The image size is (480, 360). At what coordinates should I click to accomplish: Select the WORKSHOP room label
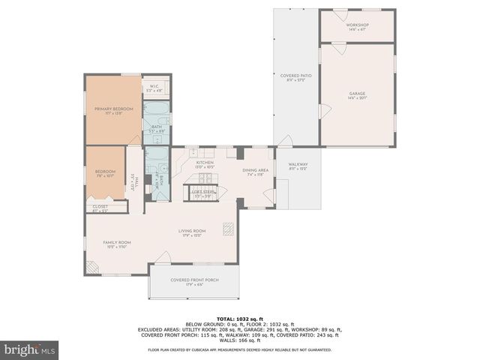click(357, 26)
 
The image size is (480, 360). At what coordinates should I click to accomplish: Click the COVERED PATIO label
click(296, 76)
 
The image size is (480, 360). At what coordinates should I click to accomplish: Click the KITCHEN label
click(205, 163)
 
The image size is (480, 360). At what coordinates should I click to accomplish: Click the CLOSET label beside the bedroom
click(100, 208)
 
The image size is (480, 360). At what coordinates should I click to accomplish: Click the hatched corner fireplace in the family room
click(90, 266)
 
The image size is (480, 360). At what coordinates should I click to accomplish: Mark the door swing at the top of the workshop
click(340, 15)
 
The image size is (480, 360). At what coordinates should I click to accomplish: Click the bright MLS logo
click(30, 349)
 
